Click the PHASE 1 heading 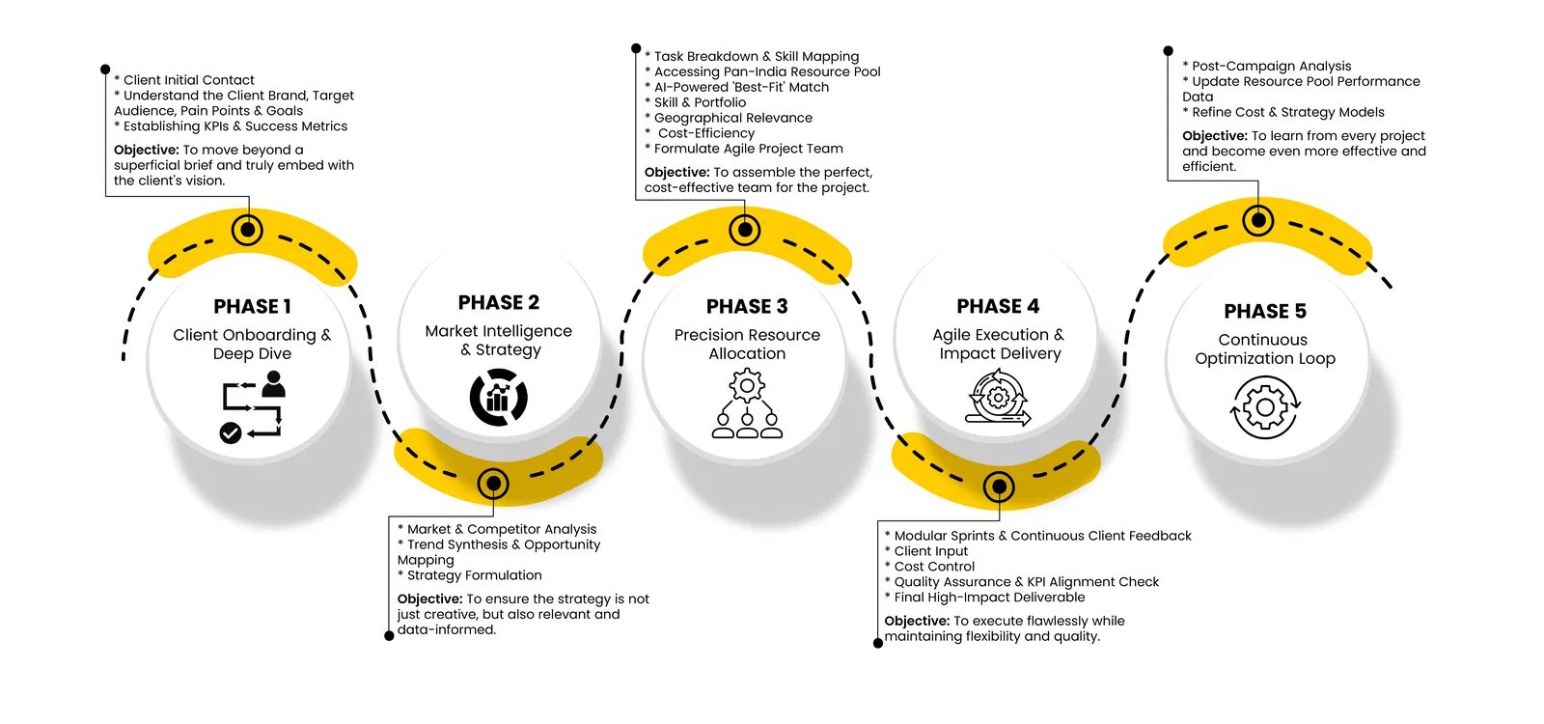(x=252, y=306)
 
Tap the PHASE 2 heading (x=499, y=302)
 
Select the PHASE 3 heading (x=747, y=306)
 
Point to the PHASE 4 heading (x=998, y=306)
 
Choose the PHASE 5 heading (x=1265, y=311)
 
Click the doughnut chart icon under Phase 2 (x=498, y=398)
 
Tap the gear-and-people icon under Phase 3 (x=747, y=405)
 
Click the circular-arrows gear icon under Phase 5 (x=1265, y=407)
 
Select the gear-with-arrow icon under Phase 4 (x=998, y=398)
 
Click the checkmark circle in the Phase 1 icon (x=231, y=432)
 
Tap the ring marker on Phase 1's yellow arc (x=248, y=230)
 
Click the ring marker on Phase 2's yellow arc (x=493, y=483)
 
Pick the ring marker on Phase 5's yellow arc (x=1257, y=220)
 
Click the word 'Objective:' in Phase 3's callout (x=677, y=172)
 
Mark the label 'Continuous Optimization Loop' (x=1264, y=349)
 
